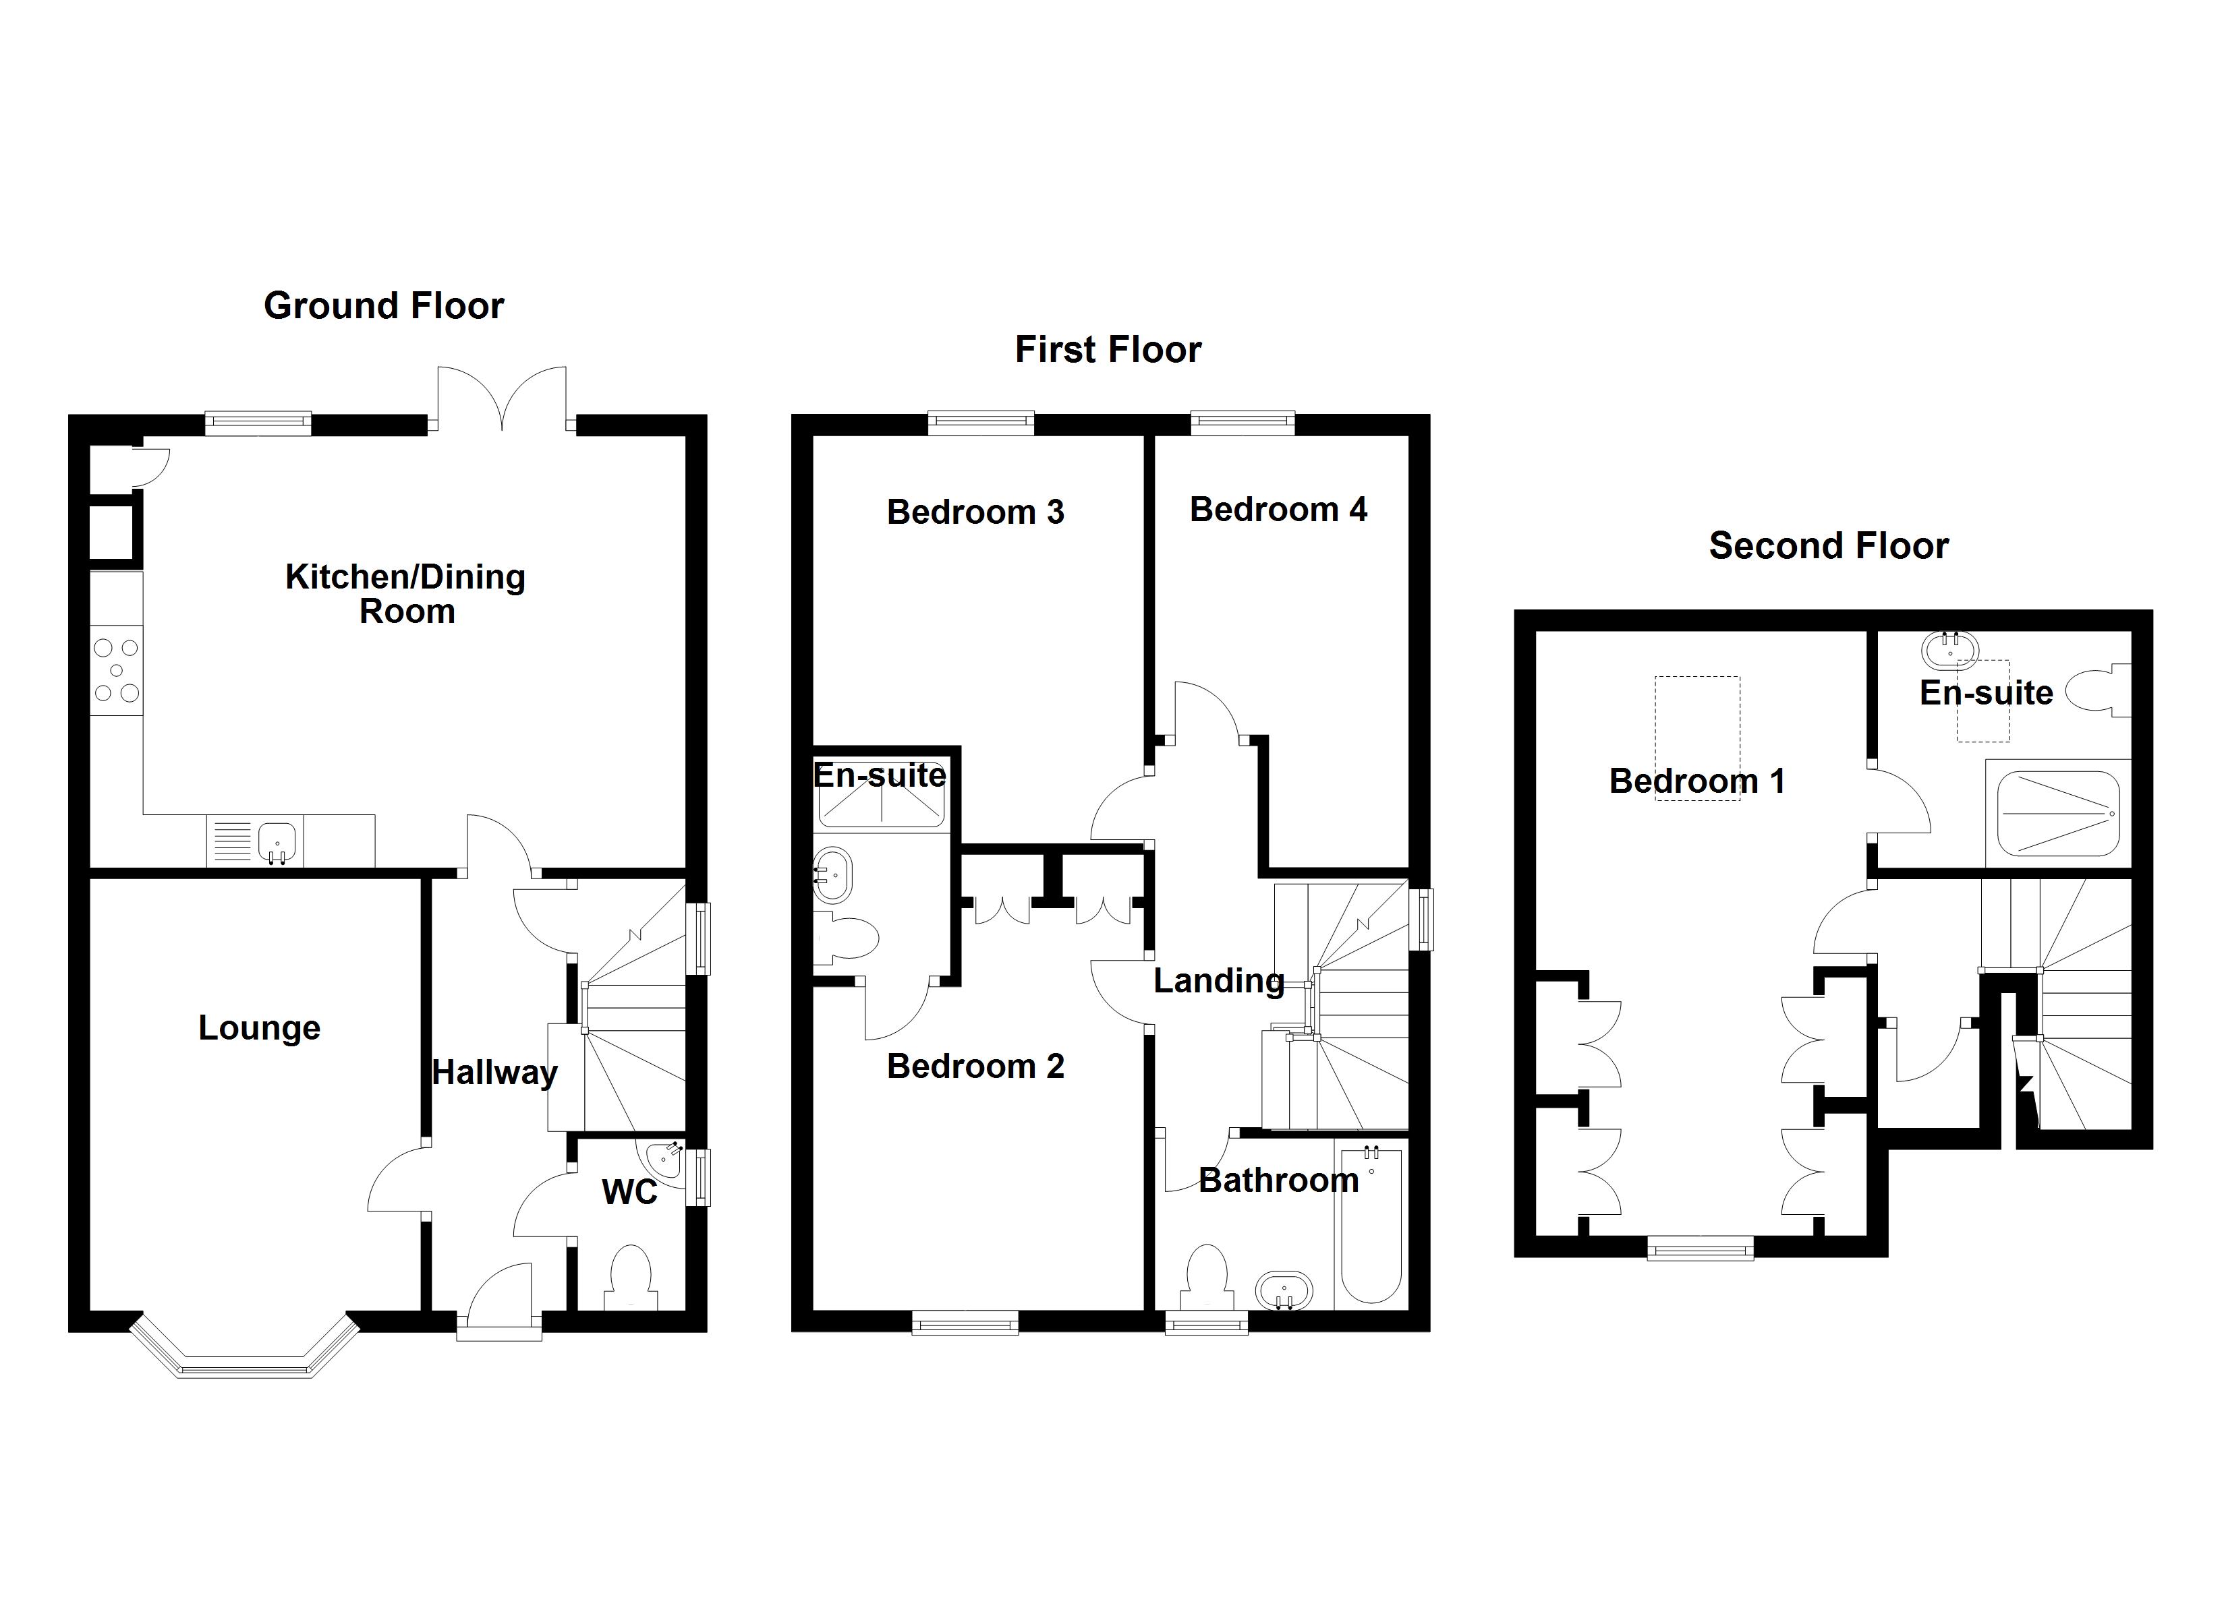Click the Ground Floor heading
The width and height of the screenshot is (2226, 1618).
coord(384,306)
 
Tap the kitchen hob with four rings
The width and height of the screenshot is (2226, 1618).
coord(117,671)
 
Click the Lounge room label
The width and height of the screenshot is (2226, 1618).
coord(259,1027)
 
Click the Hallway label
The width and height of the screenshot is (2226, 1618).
coord(494,1073)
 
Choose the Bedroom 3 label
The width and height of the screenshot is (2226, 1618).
coord(975,512)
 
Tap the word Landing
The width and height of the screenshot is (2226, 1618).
coord(1218,980)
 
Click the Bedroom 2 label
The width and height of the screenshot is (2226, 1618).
coord(975,1067)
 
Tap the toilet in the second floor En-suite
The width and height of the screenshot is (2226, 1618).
coord(2099,691)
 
